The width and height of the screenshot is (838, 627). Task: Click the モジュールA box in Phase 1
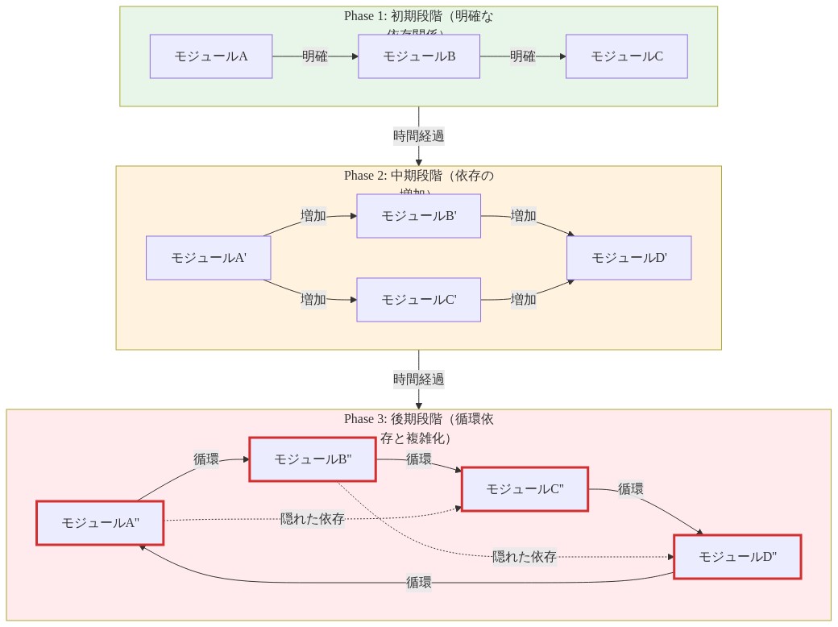click(211, 56)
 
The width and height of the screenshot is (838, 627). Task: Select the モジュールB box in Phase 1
click(419, 56)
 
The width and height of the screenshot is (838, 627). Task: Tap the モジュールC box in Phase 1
click(627, 56)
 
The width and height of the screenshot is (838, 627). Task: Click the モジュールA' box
click(208, 258)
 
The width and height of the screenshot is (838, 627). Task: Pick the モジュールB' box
click(419, 216)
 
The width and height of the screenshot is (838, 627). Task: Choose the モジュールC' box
click(419, 300)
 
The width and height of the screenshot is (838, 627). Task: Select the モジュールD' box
click(629, 258)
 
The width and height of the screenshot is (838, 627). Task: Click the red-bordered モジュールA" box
click(101, 523)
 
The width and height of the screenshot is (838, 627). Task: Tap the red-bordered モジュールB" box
click(313, 459)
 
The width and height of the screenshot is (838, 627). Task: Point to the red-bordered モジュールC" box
click(525, 489)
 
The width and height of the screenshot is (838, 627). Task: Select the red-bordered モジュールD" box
click(737, 557)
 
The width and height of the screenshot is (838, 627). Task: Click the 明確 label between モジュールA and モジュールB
click(315, 56)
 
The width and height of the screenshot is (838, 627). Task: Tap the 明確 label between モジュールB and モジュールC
click(523, 56)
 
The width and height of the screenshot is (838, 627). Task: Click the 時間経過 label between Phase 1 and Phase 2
click(419, 136)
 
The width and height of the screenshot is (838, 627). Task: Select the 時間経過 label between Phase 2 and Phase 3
click(419, 380)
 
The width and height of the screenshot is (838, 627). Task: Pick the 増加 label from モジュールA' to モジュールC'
click(313, 300)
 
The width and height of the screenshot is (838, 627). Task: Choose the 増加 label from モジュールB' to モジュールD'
click(524, 216)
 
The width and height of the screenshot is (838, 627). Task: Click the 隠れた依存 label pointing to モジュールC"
click(313, 519)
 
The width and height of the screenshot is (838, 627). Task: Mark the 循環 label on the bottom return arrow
click(419, 583)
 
